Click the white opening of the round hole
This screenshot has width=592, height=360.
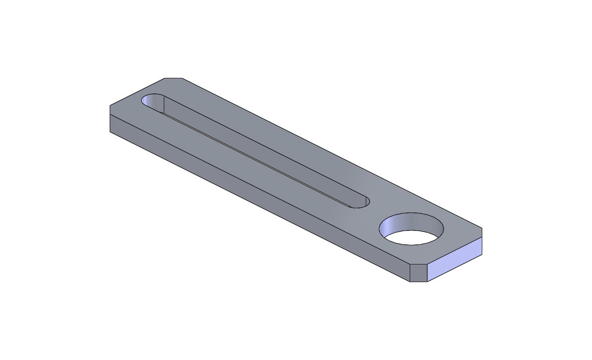413,238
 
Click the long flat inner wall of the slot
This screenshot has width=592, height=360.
260,155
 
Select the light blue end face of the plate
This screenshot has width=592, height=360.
455,259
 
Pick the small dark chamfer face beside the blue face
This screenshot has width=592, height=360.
418,273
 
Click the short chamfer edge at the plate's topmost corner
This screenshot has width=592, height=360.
173,78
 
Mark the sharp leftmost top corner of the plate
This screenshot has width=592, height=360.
110,106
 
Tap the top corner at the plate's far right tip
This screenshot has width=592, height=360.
482,228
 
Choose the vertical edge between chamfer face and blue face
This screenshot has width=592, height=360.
427,273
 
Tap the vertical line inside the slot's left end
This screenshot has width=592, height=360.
163,105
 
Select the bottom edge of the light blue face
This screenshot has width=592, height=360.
455,268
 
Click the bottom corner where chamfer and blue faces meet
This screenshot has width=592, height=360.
427,282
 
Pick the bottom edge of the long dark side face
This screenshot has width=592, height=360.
260,207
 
